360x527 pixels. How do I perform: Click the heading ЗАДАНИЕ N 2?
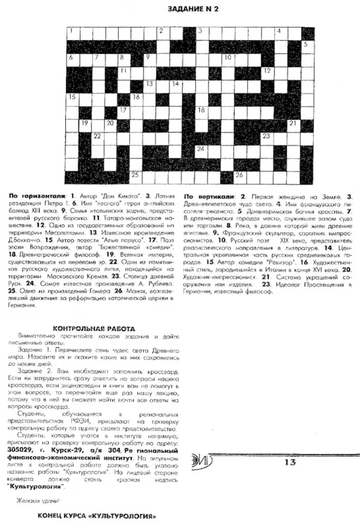tap(189, 9)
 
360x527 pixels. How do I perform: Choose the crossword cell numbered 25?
tap(136, 175)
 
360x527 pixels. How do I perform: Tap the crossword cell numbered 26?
tap(240, 175)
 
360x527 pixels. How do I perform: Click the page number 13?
tap(291, 462)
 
